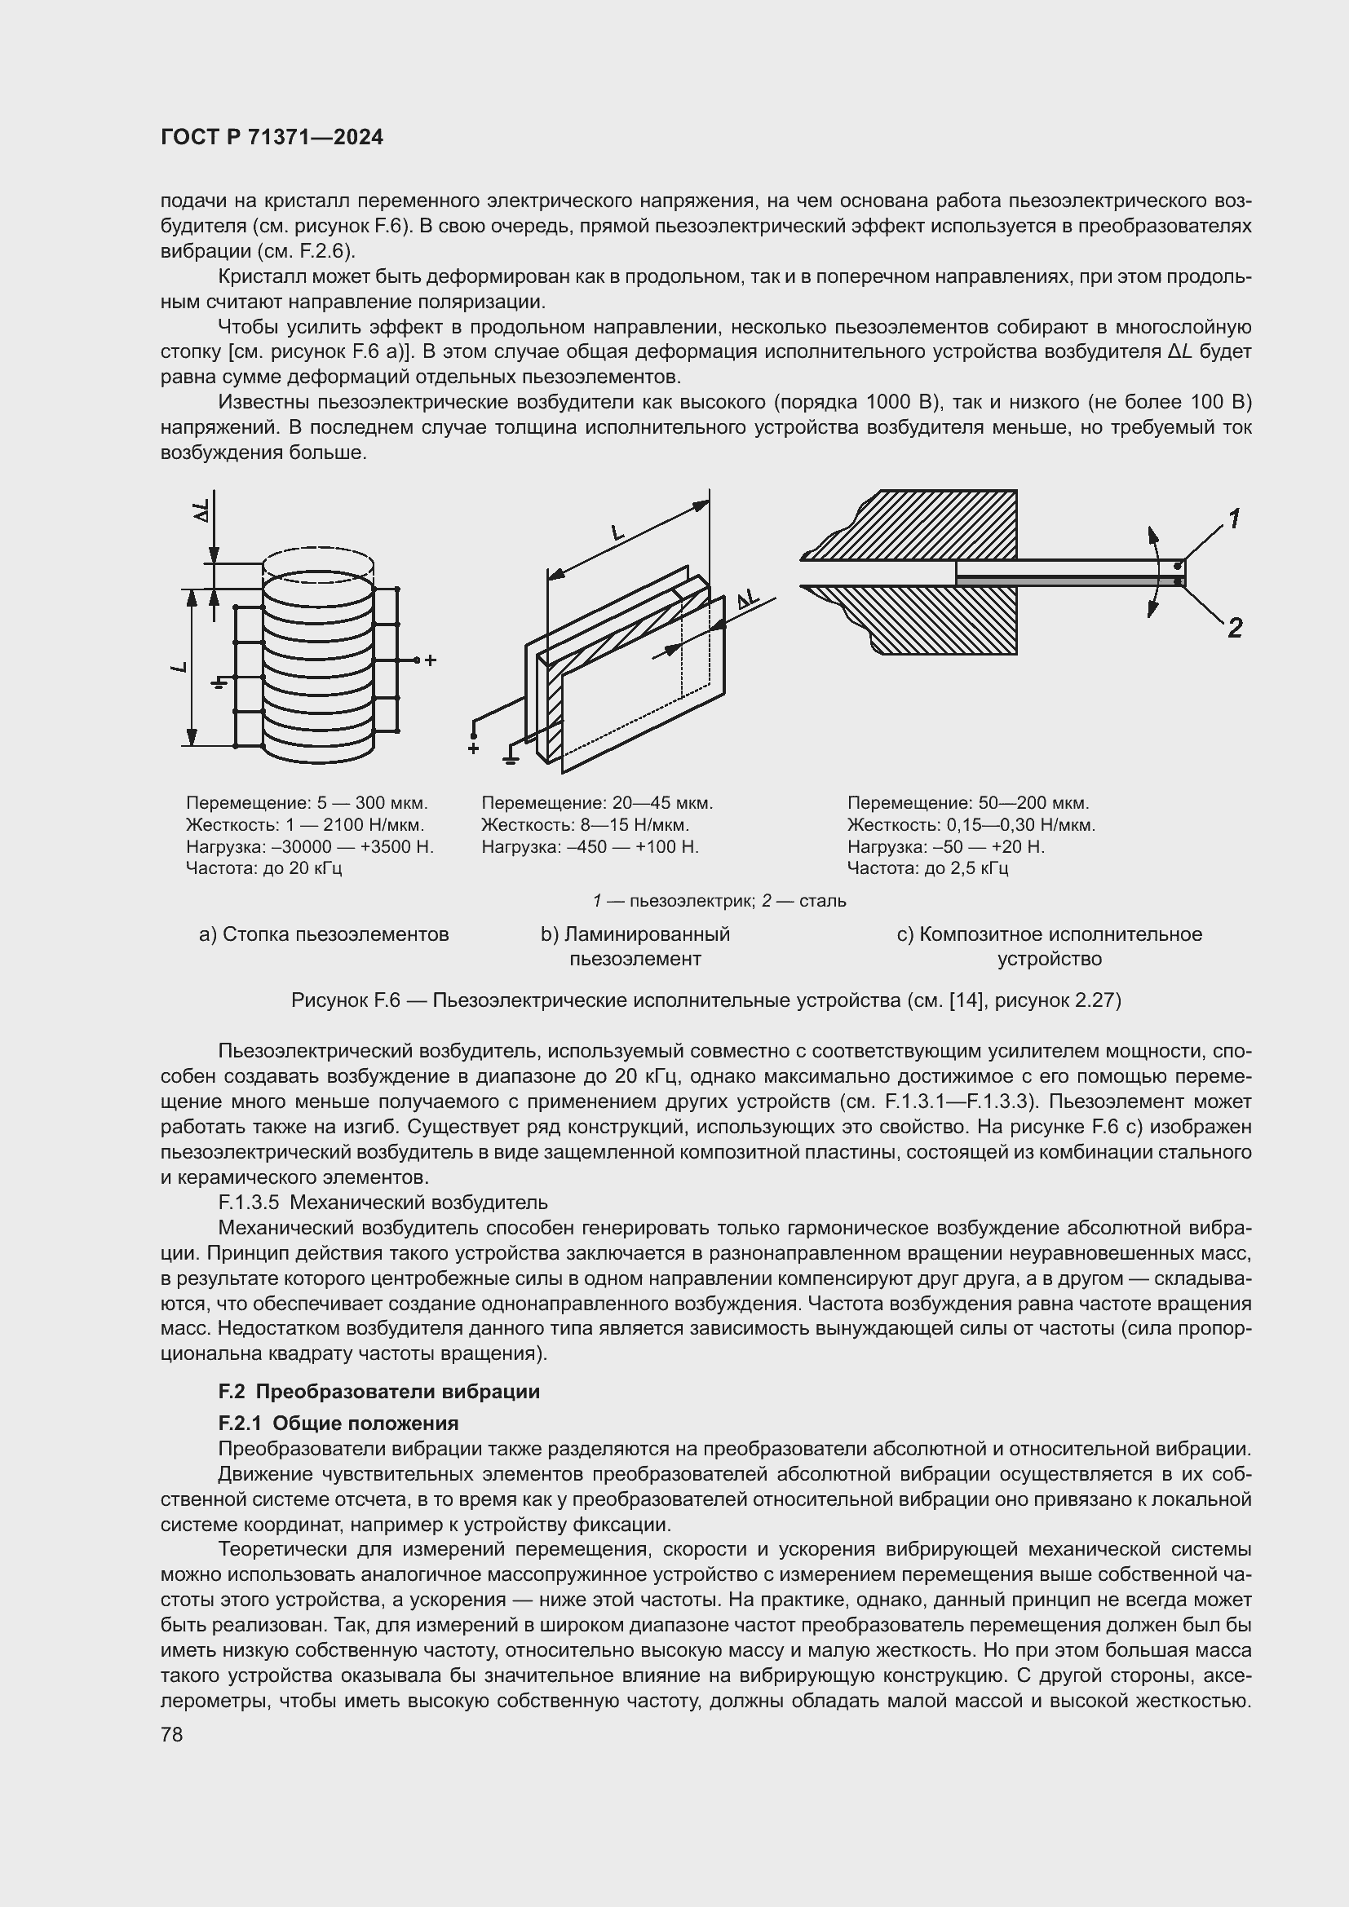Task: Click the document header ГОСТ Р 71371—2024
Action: (272, 137)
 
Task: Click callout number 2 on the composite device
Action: (1234, 628)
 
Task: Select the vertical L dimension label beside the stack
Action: (179, 668)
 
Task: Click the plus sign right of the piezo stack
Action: (431, 661)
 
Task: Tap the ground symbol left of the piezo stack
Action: (219, 682)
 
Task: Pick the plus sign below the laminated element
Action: (474, 748)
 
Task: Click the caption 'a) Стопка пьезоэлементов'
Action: (324, 934)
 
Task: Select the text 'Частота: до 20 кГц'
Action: (264, 869)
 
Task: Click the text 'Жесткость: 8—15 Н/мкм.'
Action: (586, 825)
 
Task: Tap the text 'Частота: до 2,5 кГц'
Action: (928, 869)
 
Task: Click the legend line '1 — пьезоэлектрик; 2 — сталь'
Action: (719, 901)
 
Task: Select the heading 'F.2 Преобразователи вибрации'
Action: (378, 1391)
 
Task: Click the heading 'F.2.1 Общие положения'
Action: (338, 1424)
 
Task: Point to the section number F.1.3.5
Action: (249, 1202)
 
